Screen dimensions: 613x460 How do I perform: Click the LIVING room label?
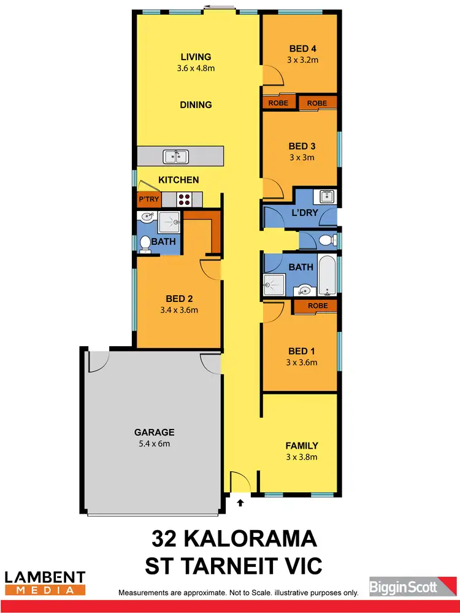196,57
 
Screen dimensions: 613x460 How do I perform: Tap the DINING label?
196,105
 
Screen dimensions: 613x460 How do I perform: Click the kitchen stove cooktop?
185,199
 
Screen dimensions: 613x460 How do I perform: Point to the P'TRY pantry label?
148,199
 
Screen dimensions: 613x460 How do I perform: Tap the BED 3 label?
301,146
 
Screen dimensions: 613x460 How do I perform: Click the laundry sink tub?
324,197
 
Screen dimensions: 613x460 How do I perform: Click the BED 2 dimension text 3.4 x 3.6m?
178,310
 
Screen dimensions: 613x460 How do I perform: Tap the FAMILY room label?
301,445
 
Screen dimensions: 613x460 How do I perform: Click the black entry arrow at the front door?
240,503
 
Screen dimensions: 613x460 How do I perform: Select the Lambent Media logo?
45,582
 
